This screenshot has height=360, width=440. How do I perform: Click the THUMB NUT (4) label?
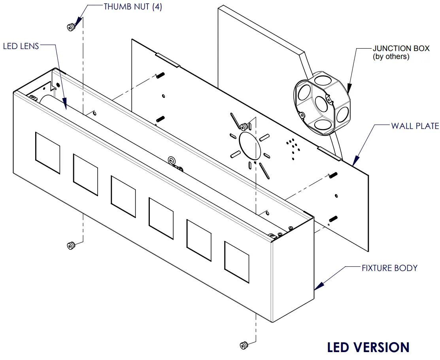click(x=132, y=7)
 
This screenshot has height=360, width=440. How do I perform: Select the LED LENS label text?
click(x=21, y=46)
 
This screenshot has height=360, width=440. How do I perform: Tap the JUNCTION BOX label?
click(x=401, y=48)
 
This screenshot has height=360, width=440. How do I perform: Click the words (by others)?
click(x=391, y=56)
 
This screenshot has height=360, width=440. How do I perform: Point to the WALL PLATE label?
click(x=415, y=126)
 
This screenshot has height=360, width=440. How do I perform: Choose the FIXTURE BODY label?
click(x=389, y=268)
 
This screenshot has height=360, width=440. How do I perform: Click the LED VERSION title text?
click(x=368, y=347)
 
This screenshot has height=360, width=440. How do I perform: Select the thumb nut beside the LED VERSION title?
click(x=244, y=345)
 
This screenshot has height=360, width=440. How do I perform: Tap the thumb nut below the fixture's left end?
click(x=71, y=246)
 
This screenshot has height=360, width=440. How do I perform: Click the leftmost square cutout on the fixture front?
click(x=47, y=153)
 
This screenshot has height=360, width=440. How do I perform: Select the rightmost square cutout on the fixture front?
click(x=236, y=262)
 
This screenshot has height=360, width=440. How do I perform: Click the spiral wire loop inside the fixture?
click(x=172, y=161)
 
